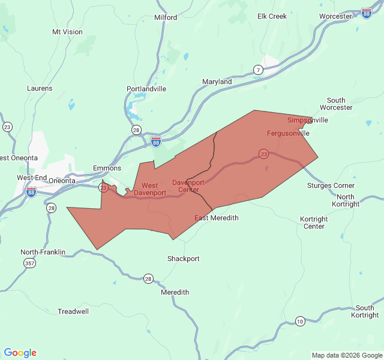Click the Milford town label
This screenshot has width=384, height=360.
click(x=166, y=17)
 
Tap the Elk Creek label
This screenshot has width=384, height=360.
click(x=272, y=16)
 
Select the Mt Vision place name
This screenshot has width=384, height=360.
click(x=67, y=32)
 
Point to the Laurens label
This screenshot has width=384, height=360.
click(x=40, y=88)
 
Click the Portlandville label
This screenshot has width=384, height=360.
click(x=146, y=89)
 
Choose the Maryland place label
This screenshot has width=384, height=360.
click(x=217, y=82)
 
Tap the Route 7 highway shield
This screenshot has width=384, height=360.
click(x=258, y=70)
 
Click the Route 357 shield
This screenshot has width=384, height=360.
click(x=29, y=263)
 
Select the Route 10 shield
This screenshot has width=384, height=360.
click(x=299, y=322)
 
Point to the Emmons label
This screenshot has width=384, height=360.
click(x=107, y=168)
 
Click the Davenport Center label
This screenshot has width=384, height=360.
click(x=188, y=186)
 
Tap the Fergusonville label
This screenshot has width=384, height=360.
click(x=288, y=133)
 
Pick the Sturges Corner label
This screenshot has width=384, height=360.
click(x=331, y=185)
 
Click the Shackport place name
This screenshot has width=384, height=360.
click(x=183, y=259)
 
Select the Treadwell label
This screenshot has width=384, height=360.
click(x=73, y=311)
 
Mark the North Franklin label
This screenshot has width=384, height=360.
click(x=43, y=252)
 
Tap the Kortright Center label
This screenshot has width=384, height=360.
click(x=314, y=223)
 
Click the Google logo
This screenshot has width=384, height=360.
click(x=20, y=353)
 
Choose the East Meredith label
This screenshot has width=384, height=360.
click(x=216, y=218)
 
